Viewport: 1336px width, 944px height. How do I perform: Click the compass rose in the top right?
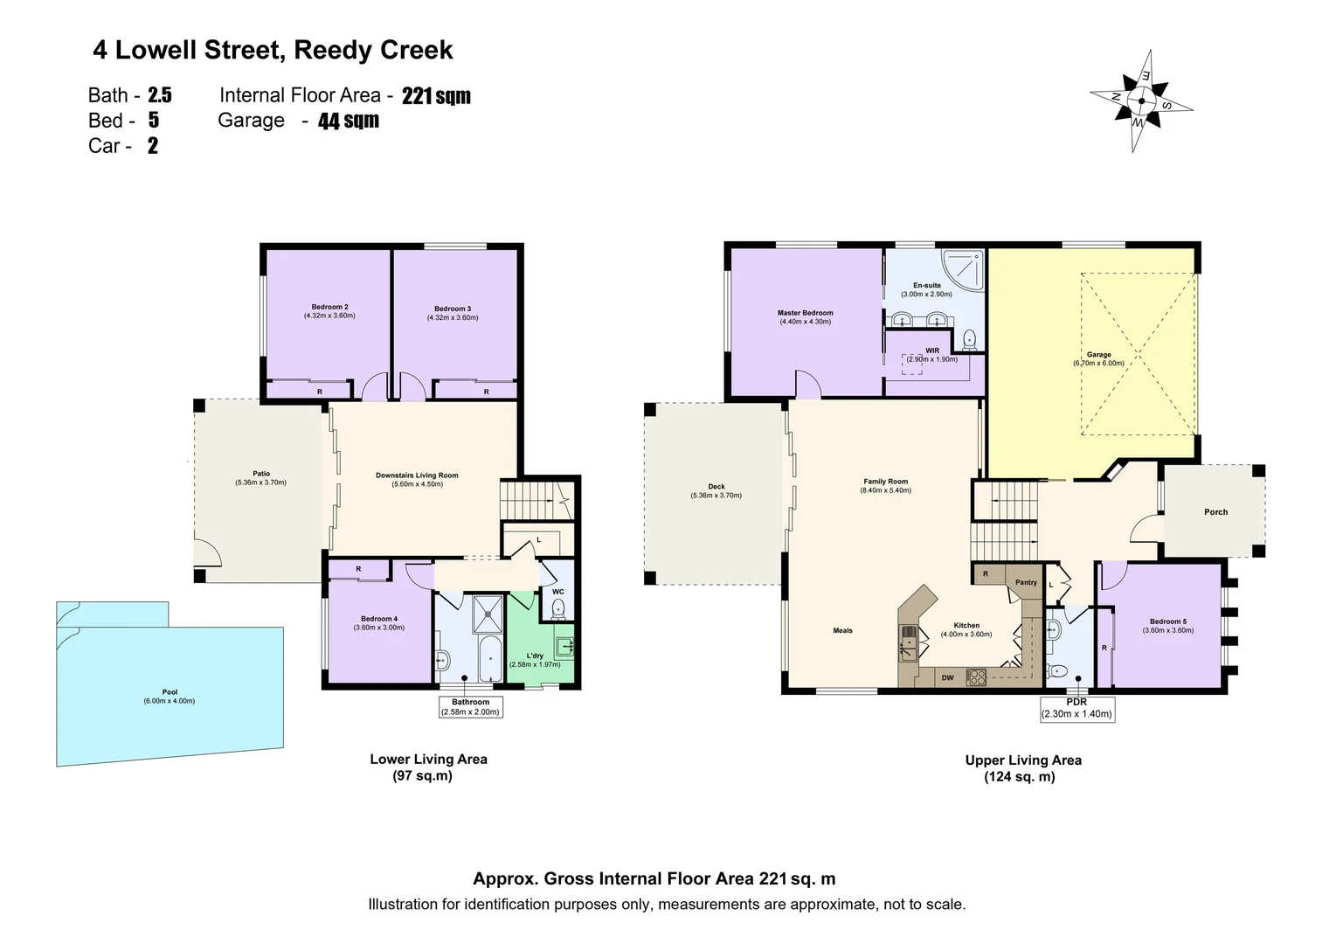(x=1141, y=101)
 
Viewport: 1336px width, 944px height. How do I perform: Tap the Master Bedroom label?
(x=805, y=313)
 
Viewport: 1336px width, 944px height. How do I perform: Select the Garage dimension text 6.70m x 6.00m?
(x=1098, y=364)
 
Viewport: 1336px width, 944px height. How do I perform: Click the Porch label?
(x=1215, y=512)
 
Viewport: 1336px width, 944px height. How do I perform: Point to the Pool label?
(x=170, y=692)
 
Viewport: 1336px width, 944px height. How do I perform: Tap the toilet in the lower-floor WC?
(x=559, y=609)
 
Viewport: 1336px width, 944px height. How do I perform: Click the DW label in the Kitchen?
(x=947, y=677)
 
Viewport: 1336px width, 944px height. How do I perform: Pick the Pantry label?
(x=1026, y=582)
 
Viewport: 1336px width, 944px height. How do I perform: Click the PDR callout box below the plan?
(x=1076, y=708)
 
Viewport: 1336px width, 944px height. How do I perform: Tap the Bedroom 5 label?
(x=1167, y=621)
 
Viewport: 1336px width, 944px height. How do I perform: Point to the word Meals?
(x=842, y=630)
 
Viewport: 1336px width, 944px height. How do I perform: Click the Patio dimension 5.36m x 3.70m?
(x=260, y=482)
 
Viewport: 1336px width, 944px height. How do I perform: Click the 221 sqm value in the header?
(x=436, y=96)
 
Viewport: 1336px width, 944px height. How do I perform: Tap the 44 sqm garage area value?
(x=348, y=121)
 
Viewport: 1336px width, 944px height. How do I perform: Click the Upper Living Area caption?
(x=1022, y=760)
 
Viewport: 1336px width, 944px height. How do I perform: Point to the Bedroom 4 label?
(x=378, y=619)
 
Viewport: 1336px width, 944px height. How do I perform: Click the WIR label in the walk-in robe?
(x=932, y=351)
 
